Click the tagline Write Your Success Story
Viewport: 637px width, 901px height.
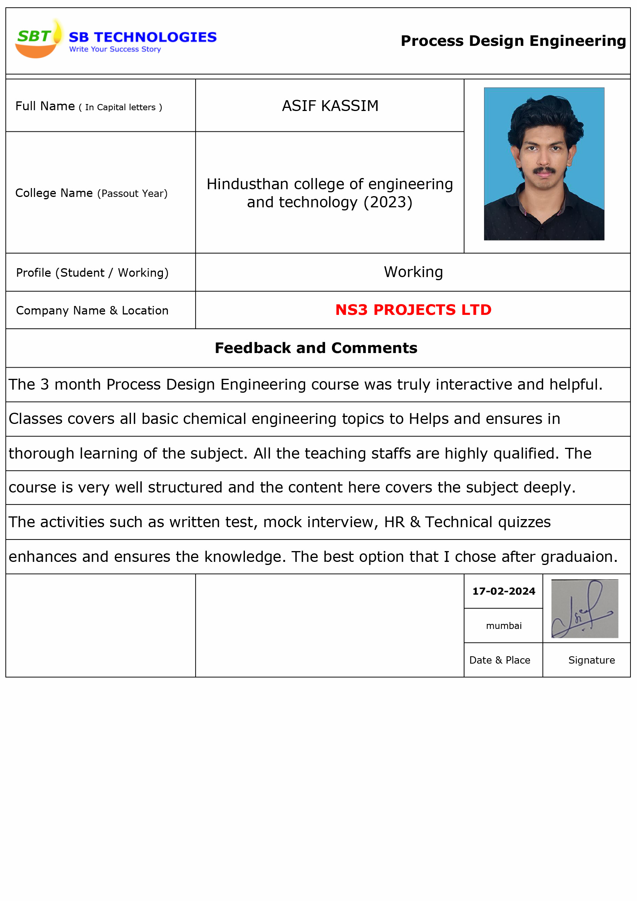(x=115, y=49)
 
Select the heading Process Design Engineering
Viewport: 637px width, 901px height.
(x=513, y=41)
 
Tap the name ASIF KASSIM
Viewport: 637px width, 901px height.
(x=330, y=106)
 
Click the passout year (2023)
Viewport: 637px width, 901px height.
(x=388, y=202)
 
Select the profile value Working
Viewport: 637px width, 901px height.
(x=413, y=272)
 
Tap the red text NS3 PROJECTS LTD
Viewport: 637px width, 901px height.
(x=413, y=310)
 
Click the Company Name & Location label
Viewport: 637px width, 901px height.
(x=92, y=310)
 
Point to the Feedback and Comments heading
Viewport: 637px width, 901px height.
(x=316, y=348)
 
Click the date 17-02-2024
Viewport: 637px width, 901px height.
(x=504, y=592)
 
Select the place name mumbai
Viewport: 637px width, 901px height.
(x=504, y=626)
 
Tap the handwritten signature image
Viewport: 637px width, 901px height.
(x=585, y=609)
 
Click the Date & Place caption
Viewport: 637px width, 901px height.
(x=500, y=661)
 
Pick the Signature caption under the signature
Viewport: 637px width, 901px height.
(x=592, y=661)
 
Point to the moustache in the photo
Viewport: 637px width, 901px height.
(x=544, y=170)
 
